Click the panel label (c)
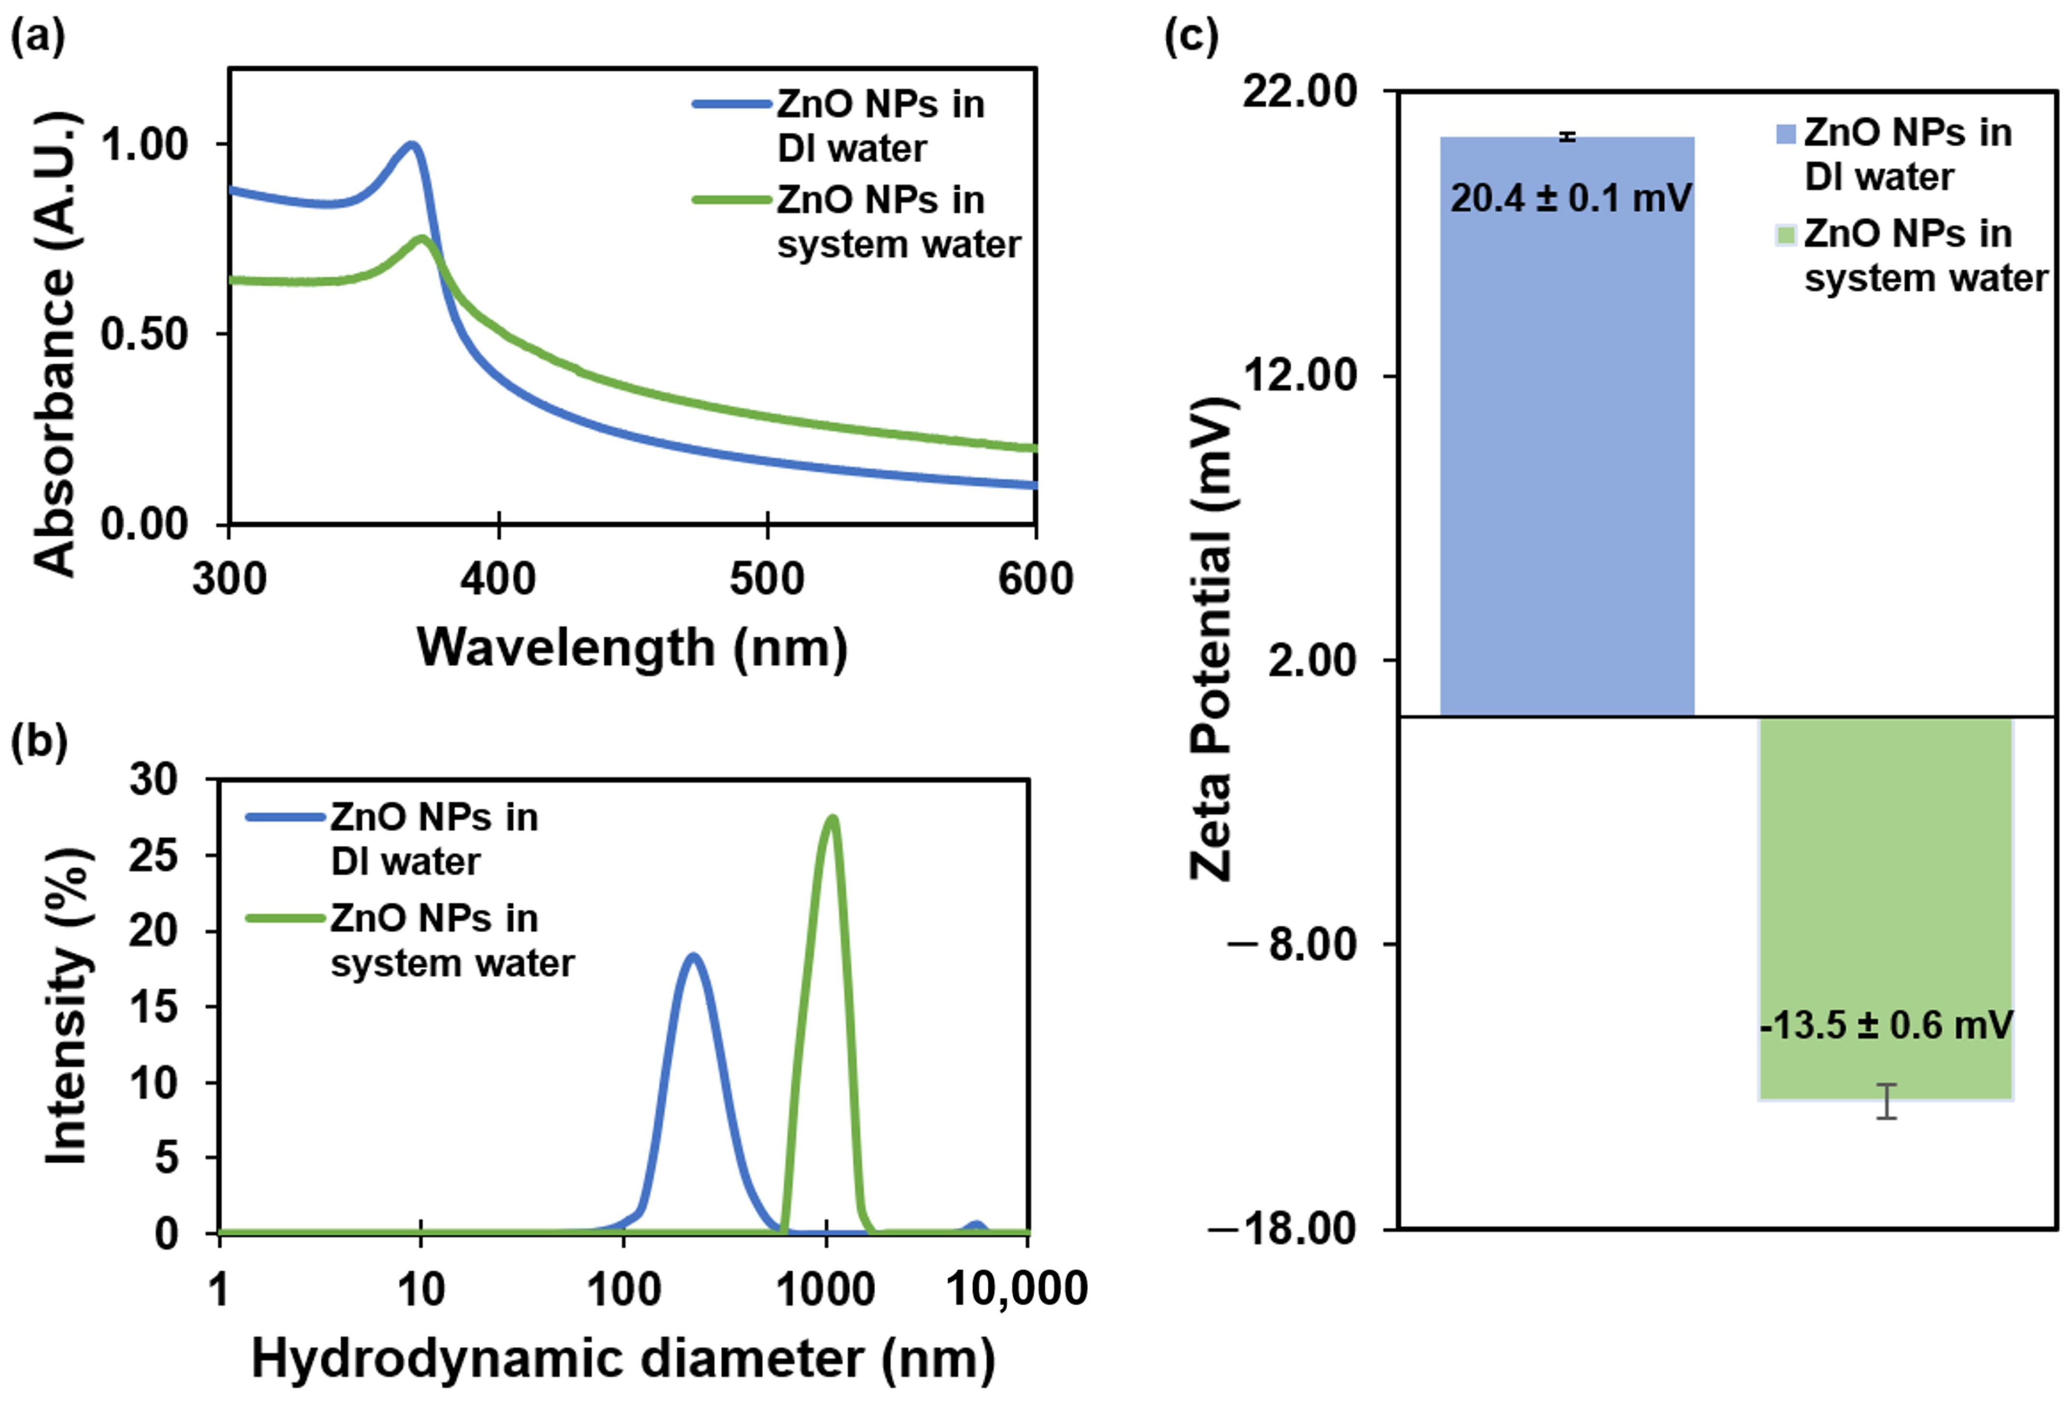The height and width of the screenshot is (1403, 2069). tap(1191, 37)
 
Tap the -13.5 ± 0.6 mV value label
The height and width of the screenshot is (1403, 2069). tap(1885, 1025)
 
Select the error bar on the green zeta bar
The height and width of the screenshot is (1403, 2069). tap(1886, 1101)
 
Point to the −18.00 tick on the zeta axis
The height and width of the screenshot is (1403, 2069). tap(1282, 1229)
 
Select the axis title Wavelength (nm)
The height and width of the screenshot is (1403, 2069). tap(632, 647)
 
